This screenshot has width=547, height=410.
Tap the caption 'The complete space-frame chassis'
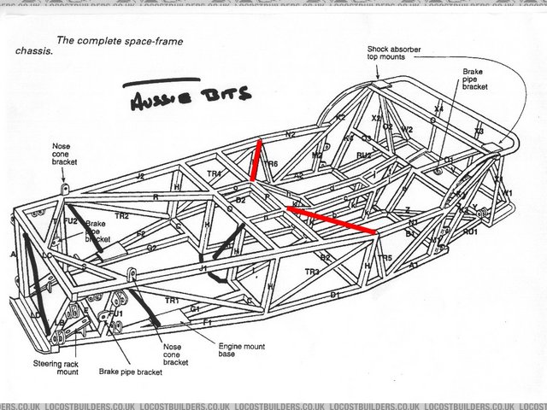tap(103, 44)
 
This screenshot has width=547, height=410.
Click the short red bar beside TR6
tap(256, 161)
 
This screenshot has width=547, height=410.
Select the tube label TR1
tap(172, 301)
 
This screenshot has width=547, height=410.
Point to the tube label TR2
tap(121, 216)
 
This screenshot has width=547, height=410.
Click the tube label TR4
tap(214, 174)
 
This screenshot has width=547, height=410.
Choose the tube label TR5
tap(385, 257)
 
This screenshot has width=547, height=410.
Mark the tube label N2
tap(290, 134)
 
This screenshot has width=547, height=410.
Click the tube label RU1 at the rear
tap(469, 231)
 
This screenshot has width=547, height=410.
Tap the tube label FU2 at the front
tap(70, 221)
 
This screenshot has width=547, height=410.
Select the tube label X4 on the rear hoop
tap(438, 109)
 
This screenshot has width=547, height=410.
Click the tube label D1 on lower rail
tap(335, 295)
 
